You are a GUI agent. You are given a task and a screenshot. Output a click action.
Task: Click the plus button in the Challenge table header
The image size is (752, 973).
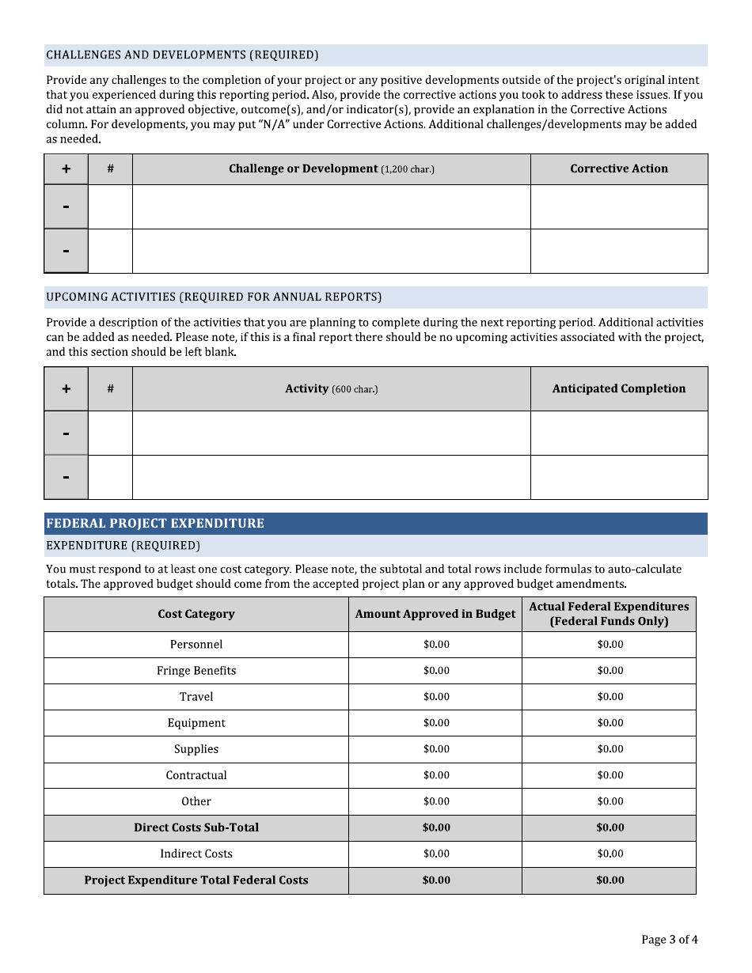66,168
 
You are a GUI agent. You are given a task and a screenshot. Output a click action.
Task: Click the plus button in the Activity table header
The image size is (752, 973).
66,388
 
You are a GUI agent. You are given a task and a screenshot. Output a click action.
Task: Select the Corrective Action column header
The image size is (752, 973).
618,168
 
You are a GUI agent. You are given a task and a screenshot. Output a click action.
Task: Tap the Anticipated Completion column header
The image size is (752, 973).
618,388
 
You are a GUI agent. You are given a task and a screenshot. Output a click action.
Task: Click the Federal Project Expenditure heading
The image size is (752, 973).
155,523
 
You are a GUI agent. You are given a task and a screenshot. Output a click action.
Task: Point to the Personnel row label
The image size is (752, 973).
196,644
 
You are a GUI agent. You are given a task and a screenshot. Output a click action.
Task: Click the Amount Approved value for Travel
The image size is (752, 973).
435,696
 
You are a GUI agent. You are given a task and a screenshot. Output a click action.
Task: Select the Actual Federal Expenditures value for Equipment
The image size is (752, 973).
610,722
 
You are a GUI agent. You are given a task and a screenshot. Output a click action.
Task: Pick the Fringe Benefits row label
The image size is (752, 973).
196,670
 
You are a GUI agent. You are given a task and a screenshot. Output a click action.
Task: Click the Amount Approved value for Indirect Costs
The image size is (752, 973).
435,853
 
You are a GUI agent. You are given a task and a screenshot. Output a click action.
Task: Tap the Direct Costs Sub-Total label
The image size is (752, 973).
196,827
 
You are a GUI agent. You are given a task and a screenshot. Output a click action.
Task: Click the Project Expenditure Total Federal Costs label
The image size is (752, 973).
196,880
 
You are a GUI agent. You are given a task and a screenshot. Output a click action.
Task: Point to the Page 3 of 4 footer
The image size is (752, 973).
669,940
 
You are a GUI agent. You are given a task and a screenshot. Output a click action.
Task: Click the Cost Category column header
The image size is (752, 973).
196,614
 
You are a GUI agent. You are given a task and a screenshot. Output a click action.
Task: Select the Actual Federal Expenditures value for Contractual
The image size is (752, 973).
610,774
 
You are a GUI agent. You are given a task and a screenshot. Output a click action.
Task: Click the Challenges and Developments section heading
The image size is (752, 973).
182,55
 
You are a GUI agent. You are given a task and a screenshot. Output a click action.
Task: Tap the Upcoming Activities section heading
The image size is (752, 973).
214,297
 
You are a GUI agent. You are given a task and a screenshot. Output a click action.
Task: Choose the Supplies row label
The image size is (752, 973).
196,748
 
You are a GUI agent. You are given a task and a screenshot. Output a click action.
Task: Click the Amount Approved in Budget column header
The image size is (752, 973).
435,614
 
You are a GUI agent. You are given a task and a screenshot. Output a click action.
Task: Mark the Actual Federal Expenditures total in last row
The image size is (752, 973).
610,880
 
